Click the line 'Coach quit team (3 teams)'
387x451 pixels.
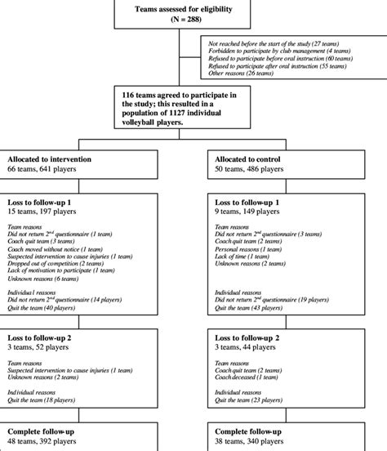47,242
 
